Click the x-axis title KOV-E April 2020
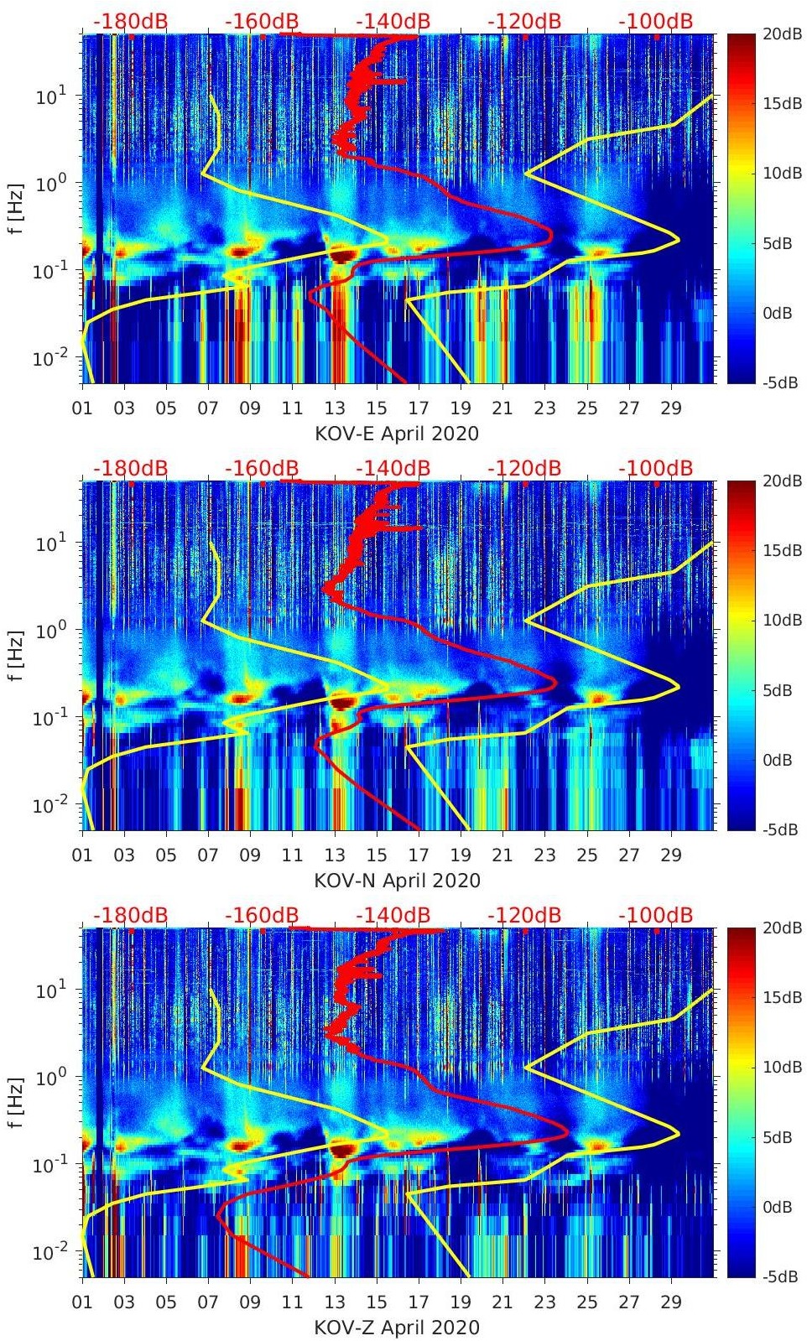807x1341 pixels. pos(397,434)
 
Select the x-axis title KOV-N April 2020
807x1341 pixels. pos(397,881)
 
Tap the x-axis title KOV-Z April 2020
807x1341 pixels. pos(397,1328)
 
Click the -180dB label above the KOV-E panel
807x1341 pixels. pos(130,21)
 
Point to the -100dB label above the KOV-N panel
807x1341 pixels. pos(656,468)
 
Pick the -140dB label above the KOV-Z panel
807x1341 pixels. pos(393,915)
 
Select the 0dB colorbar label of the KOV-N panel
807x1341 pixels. pos(778,760)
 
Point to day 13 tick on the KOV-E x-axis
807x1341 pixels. pos(335,408)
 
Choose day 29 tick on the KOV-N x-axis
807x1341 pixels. pos(671,855)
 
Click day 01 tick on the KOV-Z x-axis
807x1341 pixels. pos(82,1302)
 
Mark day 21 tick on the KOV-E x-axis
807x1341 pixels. pos(502,408)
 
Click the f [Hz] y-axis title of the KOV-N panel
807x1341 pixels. pos(16,656)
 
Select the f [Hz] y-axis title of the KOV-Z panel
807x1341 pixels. pos(16,1103)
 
